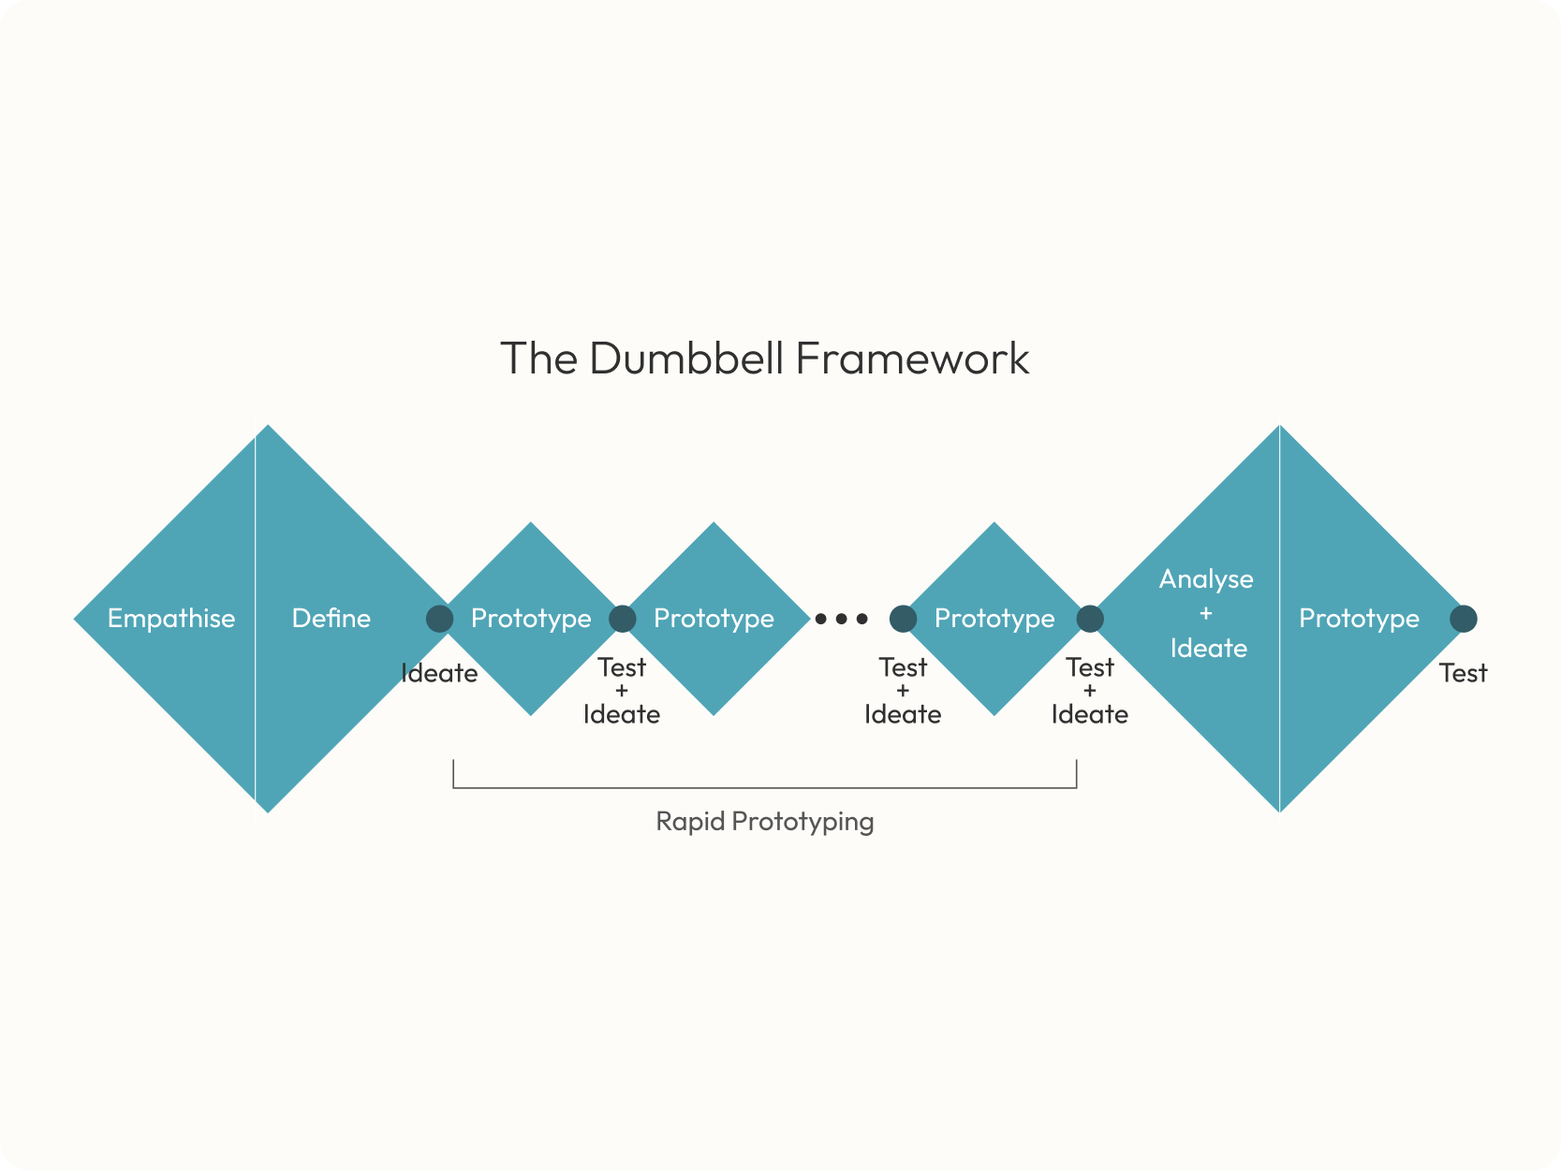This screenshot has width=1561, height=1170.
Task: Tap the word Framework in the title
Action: tap(912, 358)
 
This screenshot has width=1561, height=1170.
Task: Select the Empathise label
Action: tap(171, 619)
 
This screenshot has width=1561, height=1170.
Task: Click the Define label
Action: tap(331, 619)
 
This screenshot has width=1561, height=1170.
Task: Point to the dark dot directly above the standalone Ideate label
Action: tap(439, 619)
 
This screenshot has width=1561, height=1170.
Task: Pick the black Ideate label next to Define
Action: tap(439, 673)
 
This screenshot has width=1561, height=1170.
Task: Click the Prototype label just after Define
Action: tap(531, 619)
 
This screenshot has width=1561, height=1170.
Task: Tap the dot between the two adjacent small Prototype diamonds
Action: tap(623, 619)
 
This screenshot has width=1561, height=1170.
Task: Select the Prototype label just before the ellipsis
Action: tap(714, 619)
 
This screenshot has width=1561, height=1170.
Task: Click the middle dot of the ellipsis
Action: tap(841, 619)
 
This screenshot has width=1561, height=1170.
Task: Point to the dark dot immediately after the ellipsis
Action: tap(903, 619)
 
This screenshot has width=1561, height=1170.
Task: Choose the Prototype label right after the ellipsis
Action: tap(994, 619)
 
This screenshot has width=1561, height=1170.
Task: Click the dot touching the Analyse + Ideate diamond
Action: tap(1090, 619)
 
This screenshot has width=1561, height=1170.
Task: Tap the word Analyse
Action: tap(1206, 579)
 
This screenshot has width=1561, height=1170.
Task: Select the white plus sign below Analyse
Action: tap(1206, 614)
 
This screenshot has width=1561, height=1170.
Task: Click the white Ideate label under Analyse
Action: tap(1208, 648)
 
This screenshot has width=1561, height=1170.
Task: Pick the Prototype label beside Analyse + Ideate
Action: tap(1359, 619)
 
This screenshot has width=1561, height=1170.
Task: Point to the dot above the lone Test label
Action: tap(1464, 619)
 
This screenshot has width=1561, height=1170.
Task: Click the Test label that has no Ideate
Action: tap(1463, 673)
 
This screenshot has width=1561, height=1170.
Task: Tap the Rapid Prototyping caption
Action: tap(765, 821)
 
